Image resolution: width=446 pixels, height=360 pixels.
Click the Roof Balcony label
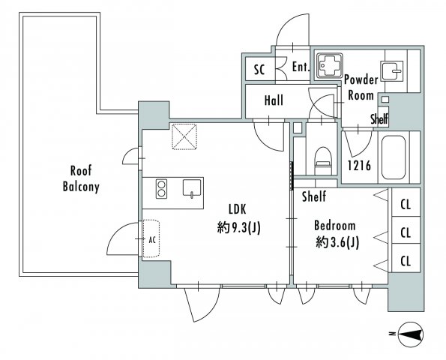pyautogui.click(x=81, y=179)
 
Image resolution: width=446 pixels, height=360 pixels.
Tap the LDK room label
pyautogui.click(x=238, y=209)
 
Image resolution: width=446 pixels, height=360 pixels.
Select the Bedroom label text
pyautogui.click(x=335, y=226)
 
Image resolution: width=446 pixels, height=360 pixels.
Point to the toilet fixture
pyautogui.click(x=323, y=160)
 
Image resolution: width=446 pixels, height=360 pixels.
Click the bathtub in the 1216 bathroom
pyautogui.click(x=394, y=157)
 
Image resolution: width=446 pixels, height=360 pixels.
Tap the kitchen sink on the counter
pyautogui.click(x=192, y=188)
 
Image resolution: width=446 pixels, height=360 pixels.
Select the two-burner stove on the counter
pyautogui.click(x=161, y=189)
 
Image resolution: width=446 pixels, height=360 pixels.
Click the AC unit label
pyautogui.click(x=152, y=239)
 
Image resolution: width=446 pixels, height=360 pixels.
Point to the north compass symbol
pyautogui.click(x=411, y=334)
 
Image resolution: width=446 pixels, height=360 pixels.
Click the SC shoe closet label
pyautogui.click(x=259, y=69)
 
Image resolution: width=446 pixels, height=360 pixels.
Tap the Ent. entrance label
pyautogui.click(x=301, y=67)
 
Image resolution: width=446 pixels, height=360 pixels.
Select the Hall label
pyautogui.click(x=274, y=100)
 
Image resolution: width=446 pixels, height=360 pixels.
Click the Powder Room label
pyautogui.click(x=361, y=87)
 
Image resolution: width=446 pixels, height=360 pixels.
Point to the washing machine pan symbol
pyautogui.click(x=330, y=65)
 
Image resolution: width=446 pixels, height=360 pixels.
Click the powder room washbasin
pyautogui.click(x=391, y=71)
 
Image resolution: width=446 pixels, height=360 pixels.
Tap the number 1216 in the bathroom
pyautogui.click(x=360, y=165)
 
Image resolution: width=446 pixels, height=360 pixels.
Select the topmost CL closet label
pyautogui.click(x=406, y=204)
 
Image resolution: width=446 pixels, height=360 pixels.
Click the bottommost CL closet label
pyautogui.click(x=406, y=261)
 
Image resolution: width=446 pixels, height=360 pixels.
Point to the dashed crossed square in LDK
pyautogui.click(x=184, y=136)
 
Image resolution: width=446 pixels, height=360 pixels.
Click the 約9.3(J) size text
pyautogui.click(x=239, y=227)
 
